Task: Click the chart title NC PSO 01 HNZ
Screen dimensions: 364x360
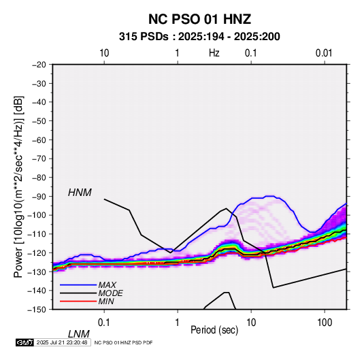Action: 199,19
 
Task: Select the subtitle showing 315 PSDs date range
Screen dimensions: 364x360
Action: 199,37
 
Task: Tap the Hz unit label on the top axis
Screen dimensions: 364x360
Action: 214,53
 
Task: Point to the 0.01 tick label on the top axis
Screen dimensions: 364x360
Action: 324,53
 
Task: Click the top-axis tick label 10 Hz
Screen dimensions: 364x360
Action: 104,53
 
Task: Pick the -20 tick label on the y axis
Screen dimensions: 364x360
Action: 39,65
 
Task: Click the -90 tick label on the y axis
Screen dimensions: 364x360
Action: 39,197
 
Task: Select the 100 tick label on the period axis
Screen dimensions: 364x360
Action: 325,323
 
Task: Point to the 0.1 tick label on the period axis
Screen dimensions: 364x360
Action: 104,323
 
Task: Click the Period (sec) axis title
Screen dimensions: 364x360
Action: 214,330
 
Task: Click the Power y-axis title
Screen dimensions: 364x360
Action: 18,186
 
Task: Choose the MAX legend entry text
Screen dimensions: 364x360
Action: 107,284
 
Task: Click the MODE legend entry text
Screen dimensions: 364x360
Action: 110,293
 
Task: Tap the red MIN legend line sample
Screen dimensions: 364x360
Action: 78,301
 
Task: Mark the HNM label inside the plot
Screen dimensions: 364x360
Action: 80,193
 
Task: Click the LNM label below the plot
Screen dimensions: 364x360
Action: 78,334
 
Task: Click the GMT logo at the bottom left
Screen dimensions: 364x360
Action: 25,342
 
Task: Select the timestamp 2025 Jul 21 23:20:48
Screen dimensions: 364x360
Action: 62,342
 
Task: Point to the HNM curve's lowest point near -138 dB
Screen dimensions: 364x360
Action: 274,288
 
